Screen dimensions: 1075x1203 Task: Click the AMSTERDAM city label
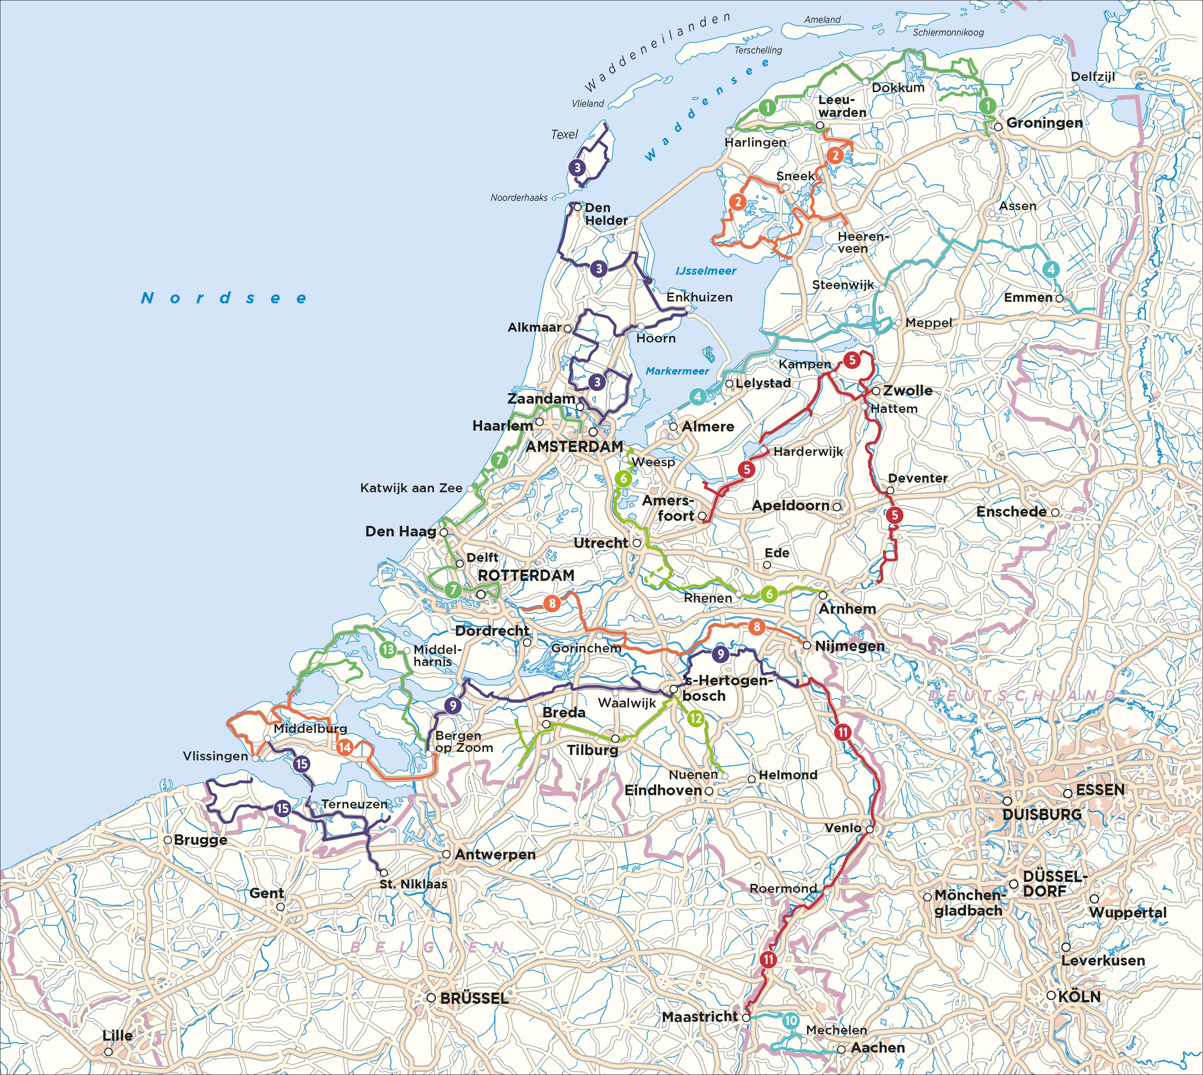coord(574,447)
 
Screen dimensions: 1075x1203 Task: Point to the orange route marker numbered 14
coord(345,747)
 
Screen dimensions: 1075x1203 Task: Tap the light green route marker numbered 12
coord(696,719)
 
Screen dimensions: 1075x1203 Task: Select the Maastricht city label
coord(700,1017)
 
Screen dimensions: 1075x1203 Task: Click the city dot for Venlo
coord(870,829)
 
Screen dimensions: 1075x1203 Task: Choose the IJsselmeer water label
coord(706,271)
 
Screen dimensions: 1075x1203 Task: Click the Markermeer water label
coord(677,371)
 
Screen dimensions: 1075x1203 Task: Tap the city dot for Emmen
coord(1060,298)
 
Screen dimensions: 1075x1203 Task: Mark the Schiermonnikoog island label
coord(948,33)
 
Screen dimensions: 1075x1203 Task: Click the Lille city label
coord(118,1036)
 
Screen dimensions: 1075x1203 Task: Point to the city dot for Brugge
coord(168,840)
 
